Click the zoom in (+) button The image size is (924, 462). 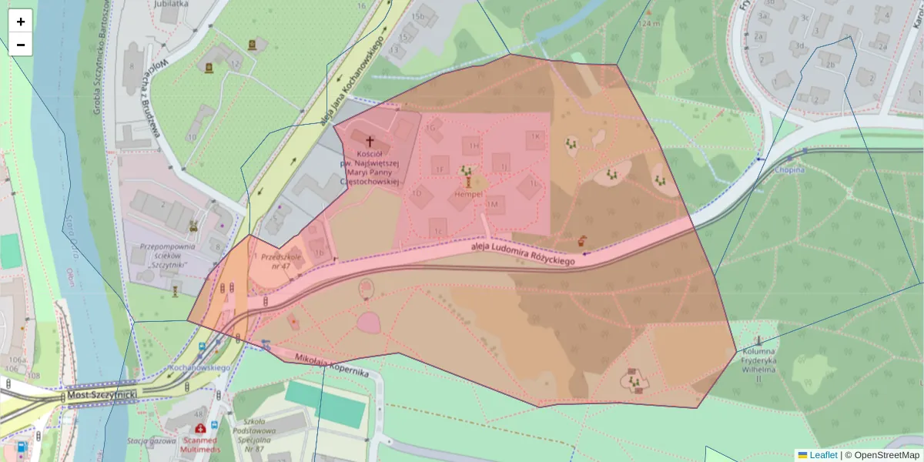(x=21, y=22)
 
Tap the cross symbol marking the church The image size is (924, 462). (x=370, y=142)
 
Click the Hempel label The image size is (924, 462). (x=468, y=193)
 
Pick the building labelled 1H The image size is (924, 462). (x=472, y=145)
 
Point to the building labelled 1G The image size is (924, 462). (x=432, y=128)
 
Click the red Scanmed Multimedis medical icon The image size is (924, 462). (x=200, y=428)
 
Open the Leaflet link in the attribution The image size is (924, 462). (x=822, y=455)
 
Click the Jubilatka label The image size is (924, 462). (x=171, y=4)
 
